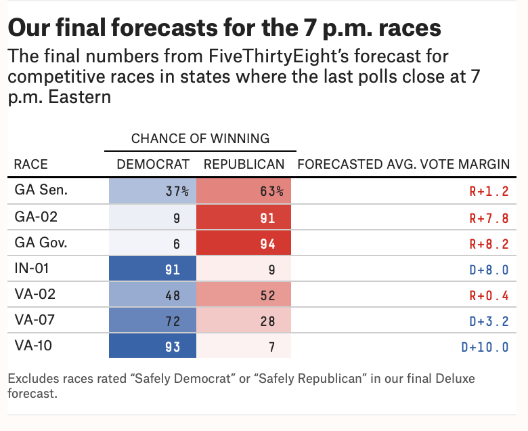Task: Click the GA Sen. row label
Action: click(41, 190)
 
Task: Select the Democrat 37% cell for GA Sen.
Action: click(153, 191)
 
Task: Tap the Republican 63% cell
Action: click(244, 191)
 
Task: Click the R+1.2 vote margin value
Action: click(489, 191)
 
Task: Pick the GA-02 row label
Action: click(37, 218)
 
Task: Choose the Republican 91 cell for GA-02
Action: click(244, 218)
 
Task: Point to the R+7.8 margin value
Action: click(489, 218)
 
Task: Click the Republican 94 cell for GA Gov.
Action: click(244, 244)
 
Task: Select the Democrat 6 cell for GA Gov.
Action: click(153, 244)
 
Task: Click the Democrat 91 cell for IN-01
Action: click(153, 270)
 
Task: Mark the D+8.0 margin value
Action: click(489, 270)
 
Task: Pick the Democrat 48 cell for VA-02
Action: click(153, 295)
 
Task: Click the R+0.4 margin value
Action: click(489, 295)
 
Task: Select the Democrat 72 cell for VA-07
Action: click(153, 321)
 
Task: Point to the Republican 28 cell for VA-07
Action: click(244, 321)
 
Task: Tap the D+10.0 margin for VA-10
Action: click(485, 347)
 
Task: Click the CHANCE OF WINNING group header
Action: click(200, 139)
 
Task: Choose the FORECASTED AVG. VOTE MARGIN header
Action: click(403, 165)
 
